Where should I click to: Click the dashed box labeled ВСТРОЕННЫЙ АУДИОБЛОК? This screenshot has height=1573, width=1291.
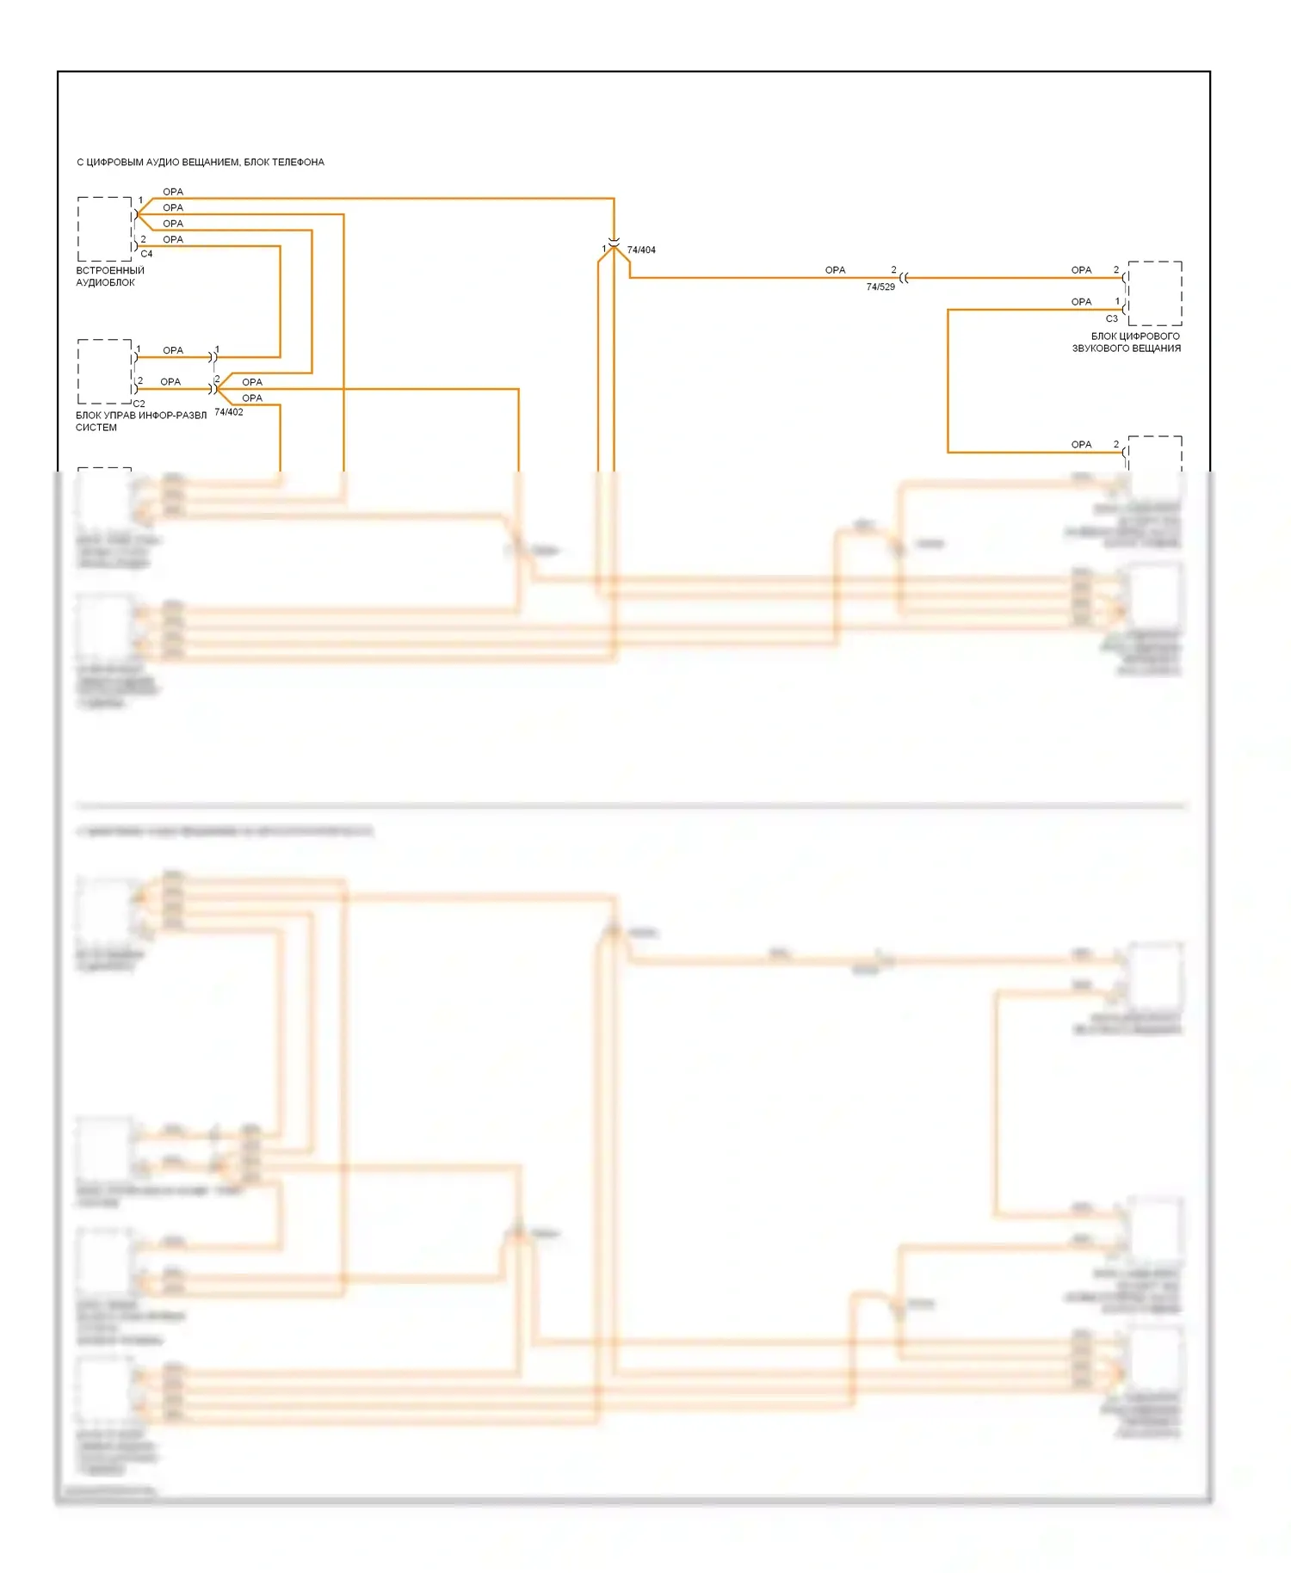click(104, 229)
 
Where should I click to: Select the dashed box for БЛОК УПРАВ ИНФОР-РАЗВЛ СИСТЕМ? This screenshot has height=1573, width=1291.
click(104, 372)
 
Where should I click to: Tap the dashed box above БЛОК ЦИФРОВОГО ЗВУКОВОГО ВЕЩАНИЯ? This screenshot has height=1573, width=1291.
click(1155, 293)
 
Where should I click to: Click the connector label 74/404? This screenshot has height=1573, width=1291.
click(641, 250)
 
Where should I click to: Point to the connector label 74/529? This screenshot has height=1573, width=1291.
click(880, 287)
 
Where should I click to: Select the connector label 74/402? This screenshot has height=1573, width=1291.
click(229, 412)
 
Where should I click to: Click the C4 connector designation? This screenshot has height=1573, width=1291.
click(146, 254)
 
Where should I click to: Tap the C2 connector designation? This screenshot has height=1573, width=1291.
click(139, 404)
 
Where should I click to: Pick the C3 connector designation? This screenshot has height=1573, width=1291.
click(1112, 318)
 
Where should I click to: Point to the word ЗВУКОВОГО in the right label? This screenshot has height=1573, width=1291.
click(1098, 349)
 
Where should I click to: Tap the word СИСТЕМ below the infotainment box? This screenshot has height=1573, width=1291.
click(96, 428)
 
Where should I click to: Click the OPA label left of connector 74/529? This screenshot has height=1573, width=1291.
click(835, 270)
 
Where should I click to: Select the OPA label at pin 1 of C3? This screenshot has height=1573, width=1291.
click(1081, 302)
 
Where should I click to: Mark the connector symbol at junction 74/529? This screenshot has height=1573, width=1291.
click(904, 278)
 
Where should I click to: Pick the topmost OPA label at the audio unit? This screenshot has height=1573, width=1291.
click(173, 192)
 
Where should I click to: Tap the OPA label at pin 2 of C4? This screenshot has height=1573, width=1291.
click(173, 239)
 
